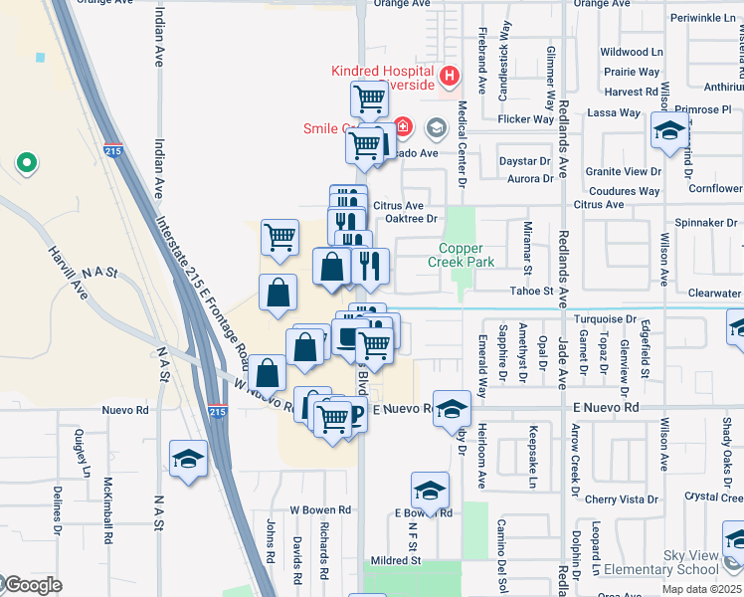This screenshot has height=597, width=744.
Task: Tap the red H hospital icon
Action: pyautogui.click(x=450, y=75)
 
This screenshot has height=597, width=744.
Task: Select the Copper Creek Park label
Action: pyautogui.click(x=456, y=256)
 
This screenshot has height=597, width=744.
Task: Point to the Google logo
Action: pyautogui.click(x=32, y=585)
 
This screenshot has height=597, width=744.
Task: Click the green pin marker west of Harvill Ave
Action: pyautogui.click(x=26, y=162)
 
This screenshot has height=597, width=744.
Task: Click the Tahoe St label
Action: pyautogui.click(x=532, y=291)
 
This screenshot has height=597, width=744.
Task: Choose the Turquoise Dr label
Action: pyautogui.click(x=605, y=319)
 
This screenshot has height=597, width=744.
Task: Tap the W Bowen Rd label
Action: pyautogui.click(x=320, y=509)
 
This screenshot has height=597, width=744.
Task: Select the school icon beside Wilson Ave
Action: pyautogui.click(x=670, y=131)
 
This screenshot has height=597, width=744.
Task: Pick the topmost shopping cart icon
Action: pyautogui.click(x=369, y=98)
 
